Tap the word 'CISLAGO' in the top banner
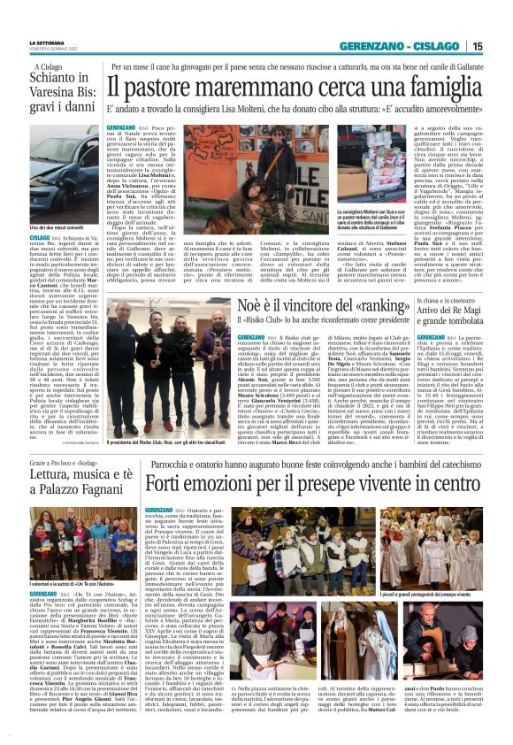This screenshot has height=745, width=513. coord(434,46)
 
